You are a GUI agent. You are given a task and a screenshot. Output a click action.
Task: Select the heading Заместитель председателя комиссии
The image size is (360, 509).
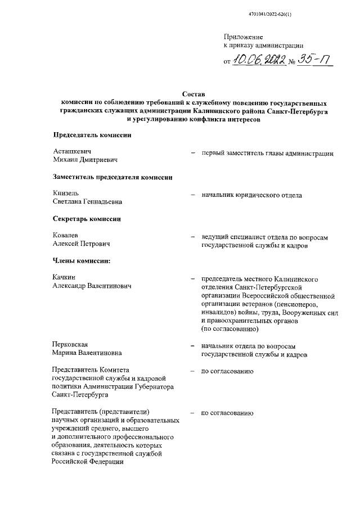pyautogui.click(x=112, y=177)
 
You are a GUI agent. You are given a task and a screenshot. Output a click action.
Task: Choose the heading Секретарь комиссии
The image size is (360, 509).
pyautogui.click(x=87, y=218)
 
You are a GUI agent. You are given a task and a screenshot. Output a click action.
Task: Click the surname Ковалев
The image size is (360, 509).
pyautogui.click(x=66, y=235)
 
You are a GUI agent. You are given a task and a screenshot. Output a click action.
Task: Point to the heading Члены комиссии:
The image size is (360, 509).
pyautogui.click(x=82, y=260)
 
